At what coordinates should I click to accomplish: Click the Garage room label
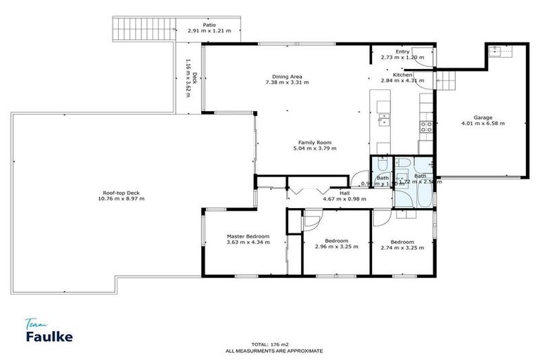[482, 117]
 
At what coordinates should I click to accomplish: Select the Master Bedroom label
[247, 236]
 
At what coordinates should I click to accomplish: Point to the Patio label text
[210, 25]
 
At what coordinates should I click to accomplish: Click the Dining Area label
[287, 77]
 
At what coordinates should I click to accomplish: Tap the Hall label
[345, 193]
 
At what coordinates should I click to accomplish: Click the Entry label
[402, 51]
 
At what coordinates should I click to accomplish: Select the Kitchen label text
[402, 75]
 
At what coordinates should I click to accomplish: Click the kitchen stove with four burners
[425, 127]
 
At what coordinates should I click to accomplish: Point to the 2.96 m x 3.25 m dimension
[336, 247]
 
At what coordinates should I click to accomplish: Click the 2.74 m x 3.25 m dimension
[402, 247]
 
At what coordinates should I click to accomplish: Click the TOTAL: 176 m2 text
[274, 343]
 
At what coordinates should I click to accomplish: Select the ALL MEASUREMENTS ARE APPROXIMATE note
[274, 349]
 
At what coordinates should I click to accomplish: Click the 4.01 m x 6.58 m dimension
[482, 124]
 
